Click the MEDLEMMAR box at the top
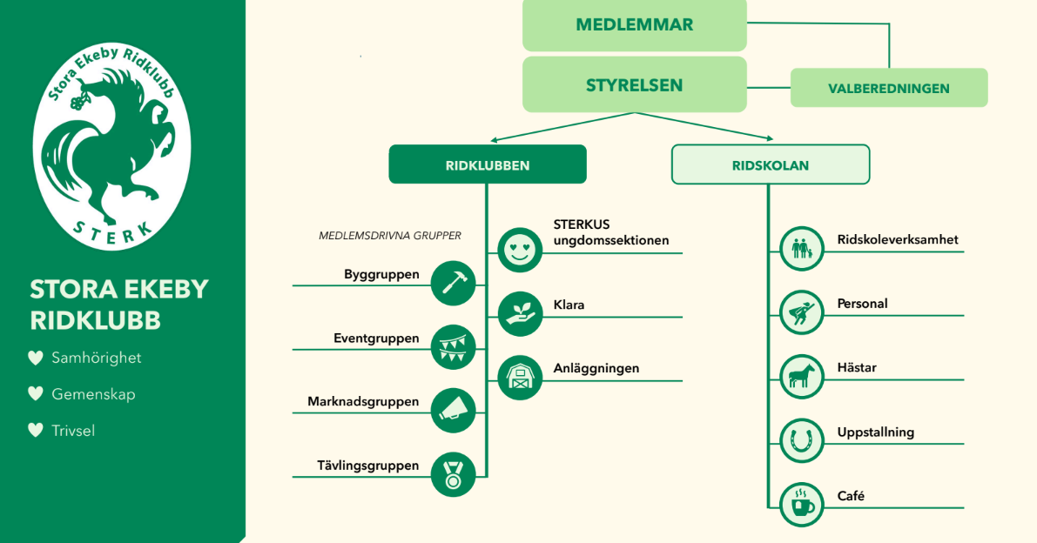(x=634, y=25)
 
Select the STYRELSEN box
(x=634, y=84)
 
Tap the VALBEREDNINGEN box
(x=889, y=88)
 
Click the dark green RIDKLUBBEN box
(x=488, y=164)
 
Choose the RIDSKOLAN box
(x=771, y=164)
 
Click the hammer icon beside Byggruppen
(x=453, y=284)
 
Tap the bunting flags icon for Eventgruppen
(x=453, y=347)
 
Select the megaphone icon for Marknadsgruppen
(x=453, y=411)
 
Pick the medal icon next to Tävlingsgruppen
(x=453, y=475)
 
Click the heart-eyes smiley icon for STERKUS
(x=520, y=251)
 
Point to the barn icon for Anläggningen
(x=520, y=378)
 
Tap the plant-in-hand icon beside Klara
(x=520, y=314)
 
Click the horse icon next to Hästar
(x=802, y=377)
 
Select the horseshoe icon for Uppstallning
(x=802, y=440)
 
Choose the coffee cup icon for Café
(x=802, y=505)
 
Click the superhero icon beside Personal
(x=802, y=313)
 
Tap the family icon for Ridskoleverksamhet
(x=802, y=249)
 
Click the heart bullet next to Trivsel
(x=36, y=431)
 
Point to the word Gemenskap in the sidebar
(x=93, y=394)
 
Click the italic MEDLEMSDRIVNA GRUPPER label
(x=389, y=236)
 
